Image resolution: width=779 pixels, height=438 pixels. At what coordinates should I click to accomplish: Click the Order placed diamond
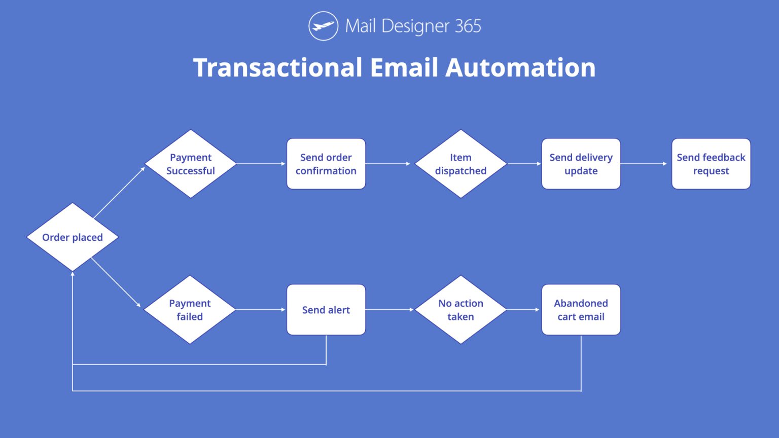pyautogui.click(x=73, y=237)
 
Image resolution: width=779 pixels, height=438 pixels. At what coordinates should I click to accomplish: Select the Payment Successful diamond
pyautogui.click(x=191, y=164)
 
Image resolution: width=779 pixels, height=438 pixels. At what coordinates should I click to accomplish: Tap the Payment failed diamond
pyautogui.click(x=190, y=310)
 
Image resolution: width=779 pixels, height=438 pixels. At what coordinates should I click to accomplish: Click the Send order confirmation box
pyautogui.click(x=326, y=164)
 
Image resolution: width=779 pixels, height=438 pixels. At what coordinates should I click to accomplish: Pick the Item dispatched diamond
pyautogui.click(x=461, y=164)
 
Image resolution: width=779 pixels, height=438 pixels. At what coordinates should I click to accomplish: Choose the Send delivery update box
pyautogui.click(x=581, y=164)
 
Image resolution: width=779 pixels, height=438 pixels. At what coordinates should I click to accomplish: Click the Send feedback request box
pyautogui.click(x=711, y=164)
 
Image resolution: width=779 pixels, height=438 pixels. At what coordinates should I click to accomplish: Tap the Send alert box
pyautogui.click(x=326, y=310)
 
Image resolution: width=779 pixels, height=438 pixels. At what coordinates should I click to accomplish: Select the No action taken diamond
pyautogui.click(x=461, y=310)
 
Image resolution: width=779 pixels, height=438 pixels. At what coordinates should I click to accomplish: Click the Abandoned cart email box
pyautogui.click(x=581, y=310)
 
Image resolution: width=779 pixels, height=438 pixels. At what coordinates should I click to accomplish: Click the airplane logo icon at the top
pyautogui.click(x=323, y=26)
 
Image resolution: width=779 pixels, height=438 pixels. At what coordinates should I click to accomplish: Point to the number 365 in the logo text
pyautogui.click(x=468, y=26)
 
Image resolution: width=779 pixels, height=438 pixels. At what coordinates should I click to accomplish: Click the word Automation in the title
pyautogui.click(x=520, y=67)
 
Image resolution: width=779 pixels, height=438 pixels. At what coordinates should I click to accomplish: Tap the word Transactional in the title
pyautogui.click(x=278, y=67)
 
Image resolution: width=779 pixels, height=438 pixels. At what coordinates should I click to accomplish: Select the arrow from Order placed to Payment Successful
pyautogui.click(x=120, y=192)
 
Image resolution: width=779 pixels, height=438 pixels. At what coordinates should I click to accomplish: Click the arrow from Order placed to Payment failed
pyautogui.click(x=116, y=282)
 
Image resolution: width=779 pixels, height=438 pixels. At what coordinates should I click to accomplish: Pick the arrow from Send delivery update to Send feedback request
pyautogui.click(x=644, y=164)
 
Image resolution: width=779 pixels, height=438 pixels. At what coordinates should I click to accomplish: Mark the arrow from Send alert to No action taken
pyautogui.click(x=389, y=310)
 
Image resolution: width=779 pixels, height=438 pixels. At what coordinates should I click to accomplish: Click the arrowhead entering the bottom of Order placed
pyautogui.click(x=73, y=274)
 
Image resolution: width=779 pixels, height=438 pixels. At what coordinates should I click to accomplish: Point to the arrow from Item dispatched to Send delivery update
pyautogui.click(x=524, y=164)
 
